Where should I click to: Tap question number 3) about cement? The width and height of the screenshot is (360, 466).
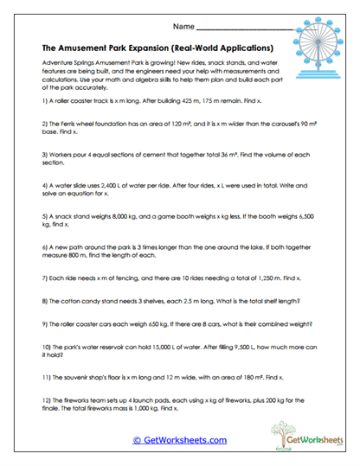[43, 152]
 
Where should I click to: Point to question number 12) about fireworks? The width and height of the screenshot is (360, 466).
[45, 403]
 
